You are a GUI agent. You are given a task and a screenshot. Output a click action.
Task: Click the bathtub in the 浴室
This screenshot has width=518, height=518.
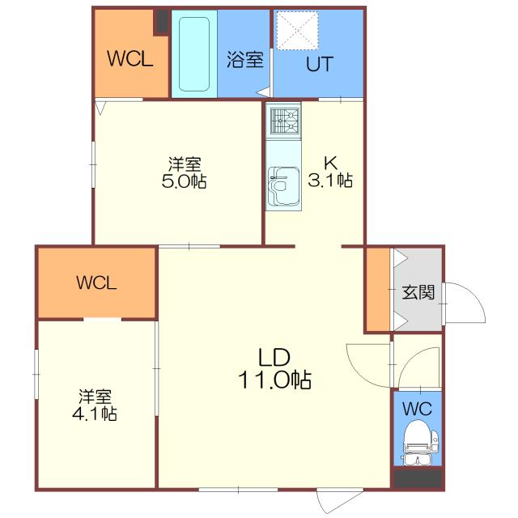pos(194,54)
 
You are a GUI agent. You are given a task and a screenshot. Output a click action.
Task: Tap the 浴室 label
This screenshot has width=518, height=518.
pos(244,60)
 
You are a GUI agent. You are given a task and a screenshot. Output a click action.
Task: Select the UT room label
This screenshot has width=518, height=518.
pos(318,66)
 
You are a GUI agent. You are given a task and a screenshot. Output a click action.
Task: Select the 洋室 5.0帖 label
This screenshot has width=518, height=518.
pos(185,172)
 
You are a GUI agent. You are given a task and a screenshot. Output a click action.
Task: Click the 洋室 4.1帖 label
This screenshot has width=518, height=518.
pos(95,405)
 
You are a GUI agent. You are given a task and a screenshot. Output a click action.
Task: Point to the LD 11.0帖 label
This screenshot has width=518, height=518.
pos(274,367)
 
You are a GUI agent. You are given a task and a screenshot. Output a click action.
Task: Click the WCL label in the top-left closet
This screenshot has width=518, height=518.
pos(130,60)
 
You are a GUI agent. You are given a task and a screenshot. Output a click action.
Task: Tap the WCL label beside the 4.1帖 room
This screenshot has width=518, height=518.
pos(97,282)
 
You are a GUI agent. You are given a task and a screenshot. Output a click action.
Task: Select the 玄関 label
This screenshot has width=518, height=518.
pos(418,291)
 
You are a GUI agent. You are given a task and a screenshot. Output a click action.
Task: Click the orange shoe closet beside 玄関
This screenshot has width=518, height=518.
pos(377,290)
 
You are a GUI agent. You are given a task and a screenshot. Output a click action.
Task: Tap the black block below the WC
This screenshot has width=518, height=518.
pos(418,478)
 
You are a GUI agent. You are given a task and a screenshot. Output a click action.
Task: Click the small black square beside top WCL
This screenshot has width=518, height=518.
pos(162,21)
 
